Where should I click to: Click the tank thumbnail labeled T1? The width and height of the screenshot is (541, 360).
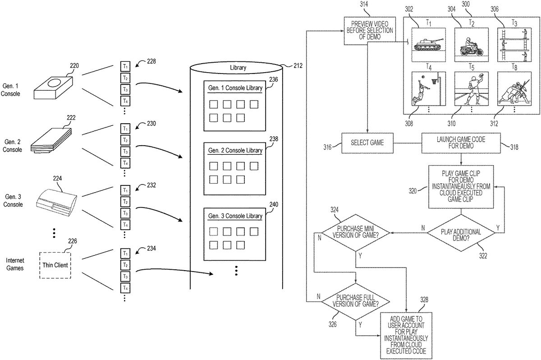(429, 45)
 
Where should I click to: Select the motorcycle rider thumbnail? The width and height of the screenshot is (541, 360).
(471, 45)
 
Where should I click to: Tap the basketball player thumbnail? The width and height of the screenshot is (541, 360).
(429, 88)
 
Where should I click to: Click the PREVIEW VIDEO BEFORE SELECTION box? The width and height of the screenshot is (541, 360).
(368, 30)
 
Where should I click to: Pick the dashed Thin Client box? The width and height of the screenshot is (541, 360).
(55, 265)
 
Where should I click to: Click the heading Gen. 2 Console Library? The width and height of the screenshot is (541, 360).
(235, 150)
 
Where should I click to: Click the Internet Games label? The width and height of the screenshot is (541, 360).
(15, 264)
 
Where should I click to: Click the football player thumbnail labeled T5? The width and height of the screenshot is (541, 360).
(471, 88)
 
